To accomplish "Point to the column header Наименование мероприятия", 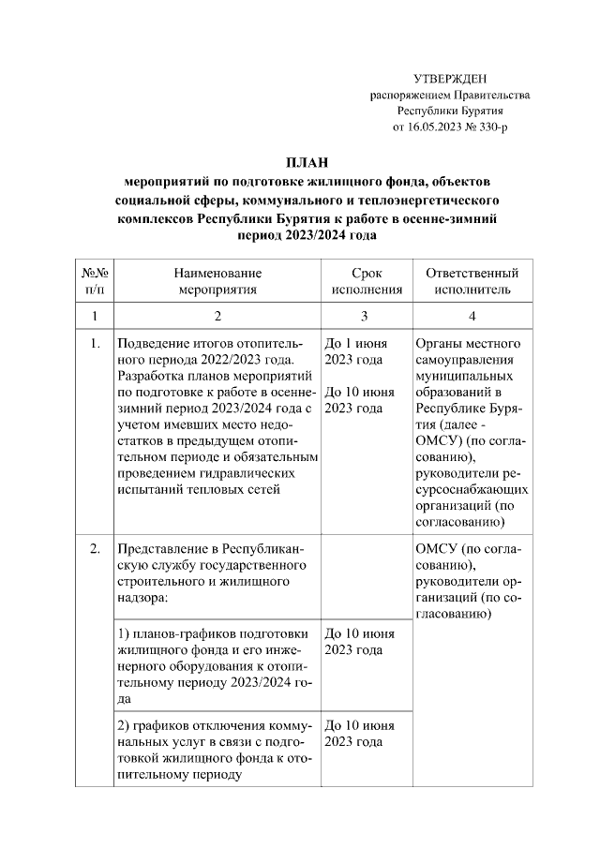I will tap(217, 281).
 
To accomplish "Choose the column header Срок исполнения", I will tap(363, 281).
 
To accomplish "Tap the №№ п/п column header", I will tap(95, 281).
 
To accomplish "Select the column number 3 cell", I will tap(363, 316).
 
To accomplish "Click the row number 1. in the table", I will tap(95, 343).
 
